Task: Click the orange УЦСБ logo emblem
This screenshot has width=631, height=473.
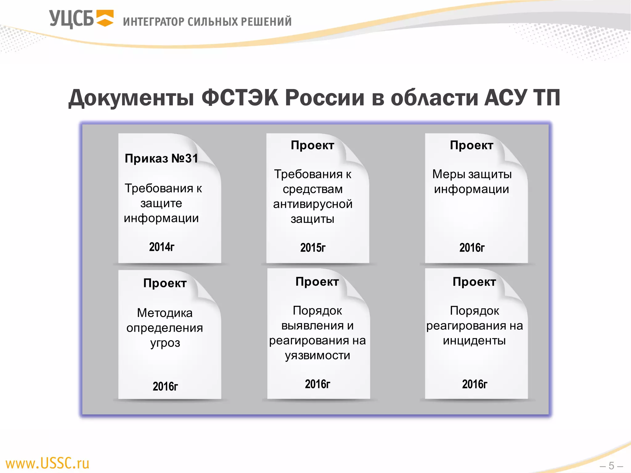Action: (x=105, y=18)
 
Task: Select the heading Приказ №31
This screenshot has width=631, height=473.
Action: (x=161, y=158)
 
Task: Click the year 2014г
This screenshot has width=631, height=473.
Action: (x=162, y=247)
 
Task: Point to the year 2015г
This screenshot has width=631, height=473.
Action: (x=313, y=248)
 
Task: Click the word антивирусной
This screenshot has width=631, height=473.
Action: (x=313, y=204)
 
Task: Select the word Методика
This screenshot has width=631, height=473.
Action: (x=165, y=313)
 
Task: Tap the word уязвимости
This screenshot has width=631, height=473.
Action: (x=317, y=355)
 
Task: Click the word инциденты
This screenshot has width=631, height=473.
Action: (x=474, y=341)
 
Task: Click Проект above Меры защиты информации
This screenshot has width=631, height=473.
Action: (x=471, y=145)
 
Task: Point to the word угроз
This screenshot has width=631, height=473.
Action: (x=165, y=343)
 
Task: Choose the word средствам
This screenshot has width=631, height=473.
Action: (x=313, y=189)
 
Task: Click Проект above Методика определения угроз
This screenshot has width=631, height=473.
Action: (x=165, y=283)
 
